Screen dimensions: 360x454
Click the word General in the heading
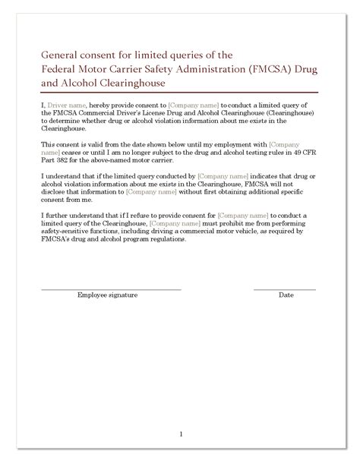(x=62, y=55)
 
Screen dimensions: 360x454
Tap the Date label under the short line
(x=286, y=295)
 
